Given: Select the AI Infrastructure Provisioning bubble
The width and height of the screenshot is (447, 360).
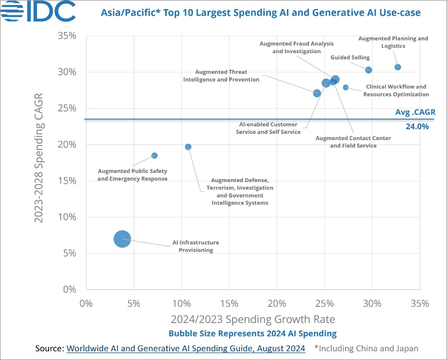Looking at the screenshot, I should pos(122,239).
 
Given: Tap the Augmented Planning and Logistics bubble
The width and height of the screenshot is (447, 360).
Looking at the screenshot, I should pos(398,67).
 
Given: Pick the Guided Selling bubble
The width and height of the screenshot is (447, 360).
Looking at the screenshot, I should pos(369,70).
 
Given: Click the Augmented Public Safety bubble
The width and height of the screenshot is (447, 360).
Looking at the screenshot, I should pos(154,156).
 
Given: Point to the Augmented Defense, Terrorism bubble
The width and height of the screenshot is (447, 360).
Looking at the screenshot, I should pos(188,147).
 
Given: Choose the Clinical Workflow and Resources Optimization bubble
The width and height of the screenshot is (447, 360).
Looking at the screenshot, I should pos(346,88).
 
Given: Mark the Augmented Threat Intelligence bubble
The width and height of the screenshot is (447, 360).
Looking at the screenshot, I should pos(317,93).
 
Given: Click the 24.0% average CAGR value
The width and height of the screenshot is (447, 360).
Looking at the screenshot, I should pos(417,126).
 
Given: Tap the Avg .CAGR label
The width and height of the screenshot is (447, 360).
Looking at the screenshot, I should pos(415,112).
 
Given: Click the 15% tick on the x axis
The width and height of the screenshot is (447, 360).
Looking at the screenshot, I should pos(229,303).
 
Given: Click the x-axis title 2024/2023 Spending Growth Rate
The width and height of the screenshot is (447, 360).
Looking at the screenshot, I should pos(253,318).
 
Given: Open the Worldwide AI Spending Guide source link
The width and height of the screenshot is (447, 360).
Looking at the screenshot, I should pos(185,348).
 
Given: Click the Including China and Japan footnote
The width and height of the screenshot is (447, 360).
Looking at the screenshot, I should pos(366,348).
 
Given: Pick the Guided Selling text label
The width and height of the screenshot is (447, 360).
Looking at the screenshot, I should pos(350,58).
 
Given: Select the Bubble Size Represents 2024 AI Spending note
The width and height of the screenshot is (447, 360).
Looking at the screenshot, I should pos(253,333).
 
